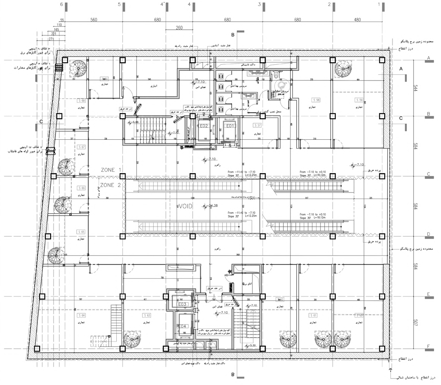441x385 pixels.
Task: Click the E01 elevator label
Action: click(230, 126)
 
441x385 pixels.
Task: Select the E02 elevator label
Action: click(204, 126)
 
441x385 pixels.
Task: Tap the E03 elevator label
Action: click(182, 304)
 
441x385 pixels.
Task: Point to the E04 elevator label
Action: click(182, 326)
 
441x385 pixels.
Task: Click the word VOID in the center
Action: click(186, 206)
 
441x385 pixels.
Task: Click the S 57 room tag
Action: click(258, 125)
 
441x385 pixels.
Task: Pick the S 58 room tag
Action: click(315, 100)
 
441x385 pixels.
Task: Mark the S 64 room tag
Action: click(81, 315)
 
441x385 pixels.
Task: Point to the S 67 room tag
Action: click(81, 147)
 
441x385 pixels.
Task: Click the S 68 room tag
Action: click(81, 101)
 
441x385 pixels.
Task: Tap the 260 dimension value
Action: click(178, 27)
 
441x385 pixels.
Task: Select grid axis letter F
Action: click(428, 347)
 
